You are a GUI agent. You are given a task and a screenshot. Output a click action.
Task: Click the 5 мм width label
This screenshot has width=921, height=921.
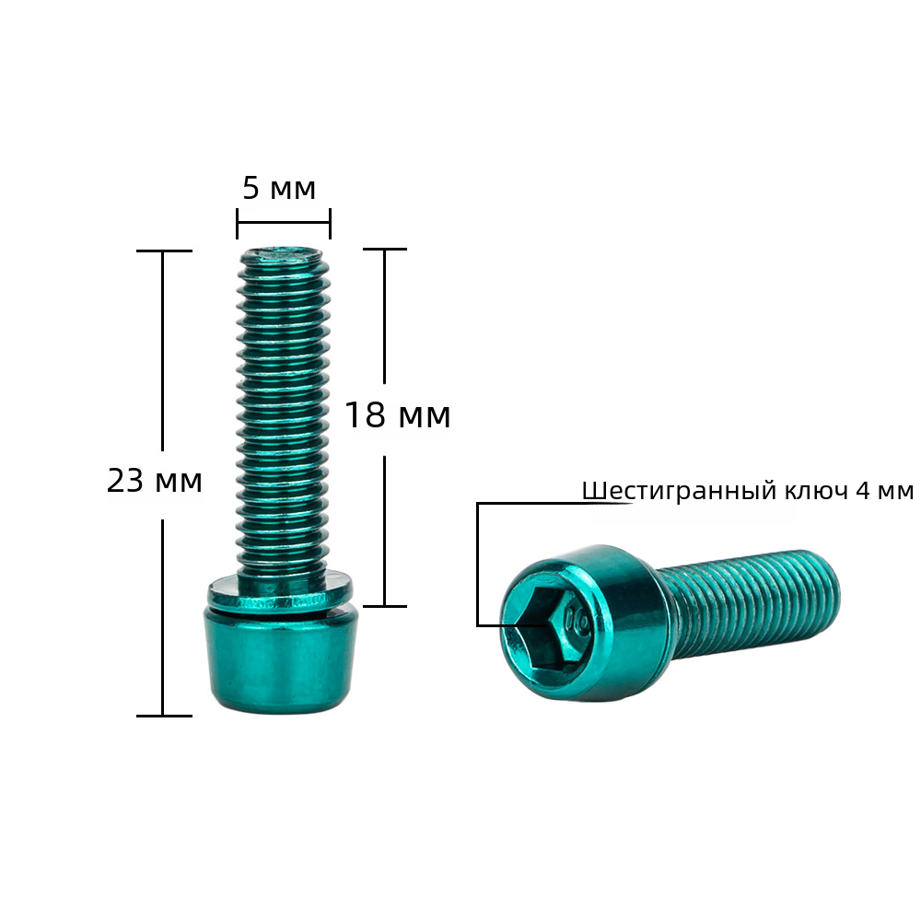tap(279, 189)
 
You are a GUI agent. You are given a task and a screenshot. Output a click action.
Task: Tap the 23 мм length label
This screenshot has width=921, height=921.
tap(155, 481)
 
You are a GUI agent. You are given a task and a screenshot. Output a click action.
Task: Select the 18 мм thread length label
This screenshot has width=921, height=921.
tap(398, 414)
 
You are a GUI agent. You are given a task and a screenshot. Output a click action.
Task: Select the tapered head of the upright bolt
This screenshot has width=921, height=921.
tap(280, 660)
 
